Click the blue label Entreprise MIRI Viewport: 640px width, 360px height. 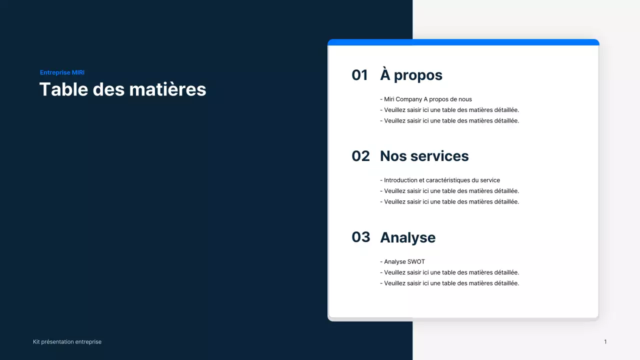coord(62,72)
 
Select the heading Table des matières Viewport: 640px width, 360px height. coord(122,89)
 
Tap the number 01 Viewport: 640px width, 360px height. coord(359,75)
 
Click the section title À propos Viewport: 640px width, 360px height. coord(411,75)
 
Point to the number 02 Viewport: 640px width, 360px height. coord(360,156)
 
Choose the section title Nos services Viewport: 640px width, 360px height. coord(424,156)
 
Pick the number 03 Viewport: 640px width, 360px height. coord(360,237)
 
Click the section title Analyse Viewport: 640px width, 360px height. coord(407,237)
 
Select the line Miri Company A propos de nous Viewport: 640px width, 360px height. coord(426,99)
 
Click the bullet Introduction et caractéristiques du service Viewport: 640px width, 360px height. coord(440,180)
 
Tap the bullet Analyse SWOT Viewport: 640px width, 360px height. coord(402,261)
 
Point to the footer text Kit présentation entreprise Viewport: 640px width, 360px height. coord(67,342)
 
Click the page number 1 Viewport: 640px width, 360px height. coord(605,342)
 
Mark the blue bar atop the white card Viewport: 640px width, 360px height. coord(463,42)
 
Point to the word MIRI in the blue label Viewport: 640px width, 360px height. coord(78,72)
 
